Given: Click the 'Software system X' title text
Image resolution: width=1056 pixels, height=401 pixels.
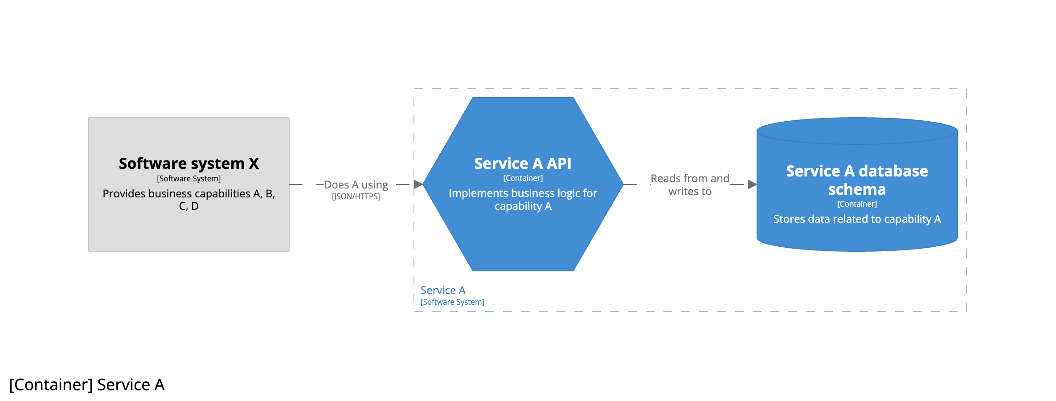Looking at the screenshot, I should pyautogui.click(x=188, y=164).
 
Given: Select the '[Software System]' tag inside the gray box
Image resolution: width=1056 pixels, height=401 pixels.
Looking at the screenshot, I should pyautogui.click(x=188, y=179).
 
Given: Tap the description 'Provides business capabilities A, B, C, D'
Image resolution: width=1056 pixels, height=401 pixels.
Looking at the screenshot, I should pyautogui.click(x=188, y=200).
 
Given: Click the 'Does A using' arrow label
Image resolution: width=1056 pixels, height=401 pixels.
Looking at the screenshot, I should pyautogui.click(x=356, y=184).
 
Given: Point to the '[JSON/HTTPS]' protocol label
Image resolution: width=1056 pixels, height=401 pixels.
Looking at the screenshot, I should pyautogui.click(x=356, y=196).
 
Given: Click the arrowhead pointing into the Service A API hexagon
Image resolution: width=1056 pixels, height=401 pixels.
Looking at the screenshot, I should pyautogui.click(x=418, y=184).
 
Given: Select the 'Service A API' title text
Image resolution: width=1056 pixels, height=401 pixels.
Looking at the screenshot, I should pyautogui.click(x=523, y=164).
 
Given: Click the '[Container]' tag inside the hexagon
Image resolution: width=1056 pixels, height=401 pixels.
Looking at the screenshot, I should pyautogui.click(x=523, y=178).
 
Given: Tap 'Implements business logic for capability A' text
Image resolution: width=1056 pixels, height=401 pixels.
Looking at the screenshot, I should pyautogui.click(x=523, y=199).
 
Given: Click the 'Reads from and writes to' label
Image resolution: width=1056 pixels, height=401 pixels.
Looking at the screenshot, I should pyautogui.click(x=690, y=185).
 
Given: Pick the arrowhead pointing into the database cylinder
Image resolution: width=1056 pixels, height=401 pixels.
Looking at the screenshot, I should pyautogui.click(x=752, y=184).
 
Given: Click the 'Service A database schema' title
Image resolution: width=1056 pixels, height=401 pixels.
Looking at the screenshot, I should pyautogui.click(x=857, y=180).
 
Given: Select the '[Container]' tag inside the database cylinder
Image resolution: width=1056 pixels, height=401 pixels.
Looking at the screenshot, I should pyautogui.click(x=857, y=204).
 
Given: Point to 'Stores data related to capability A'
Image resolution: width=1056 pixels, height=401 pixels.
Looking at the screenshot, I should pyautogui.click(x=857, y=219).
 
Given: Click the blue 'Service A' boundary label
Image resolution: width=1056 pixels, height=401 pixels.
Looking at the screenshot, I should pyautogui.click(x=443, y=291).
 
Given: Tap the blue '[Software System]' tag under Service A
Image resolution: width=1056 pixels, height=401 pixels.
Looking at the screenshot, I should pyautogui.click(x=452, y=302).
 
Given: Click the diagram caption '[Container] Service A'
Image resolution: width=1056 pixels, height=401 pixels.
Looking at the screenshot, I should pyautogui.click(x=87, y=385).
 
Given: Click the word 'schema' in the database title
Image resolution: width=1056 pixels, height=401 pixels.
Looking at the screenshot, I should pyautogui.click(x=857, y=189).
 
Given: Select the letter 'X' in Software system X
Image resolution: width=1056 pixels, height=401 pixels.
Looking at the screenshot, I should pyautogui.click(x=254, y=164).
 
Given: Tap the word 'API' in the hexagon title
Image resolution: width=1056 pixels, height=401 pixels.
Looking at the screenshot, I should pyautogui.click(x=559, y=164).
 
